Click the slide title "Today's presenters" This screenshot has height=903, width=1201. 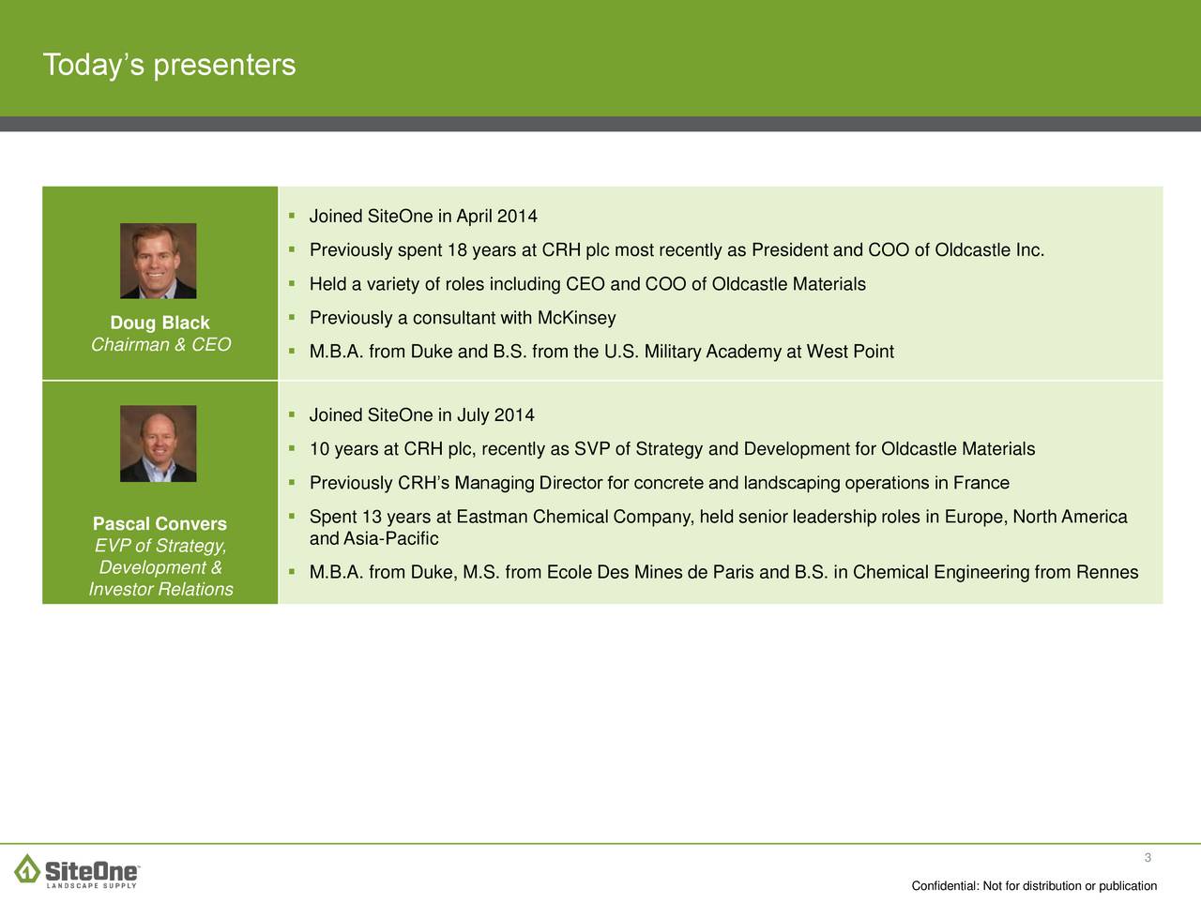tap(169, 65)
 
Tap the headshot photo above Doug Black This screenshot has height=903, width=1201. tap(159, 261)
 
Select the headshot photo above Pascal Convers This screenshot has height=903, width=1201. tap(159, 444)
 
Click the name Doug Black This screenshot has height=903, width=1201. tap(160, 323)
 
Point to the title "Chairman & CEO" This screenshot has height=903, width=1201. tap(160, 344)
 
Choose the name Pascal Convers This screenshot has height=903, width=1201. tap(160, 523)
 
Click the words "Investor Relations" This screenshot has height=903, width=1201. tap(160, 589)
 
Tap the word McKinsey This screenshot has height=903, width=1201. tap(577, 318)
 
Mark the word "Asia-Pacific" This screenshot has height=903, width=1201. tap(391, 539)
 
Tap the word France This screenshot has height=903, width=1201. tap(981, 483)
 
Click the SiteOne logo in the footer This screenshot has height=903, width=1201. tap(77, 871)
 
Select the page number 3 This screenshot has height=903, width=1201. tap(1148, 858)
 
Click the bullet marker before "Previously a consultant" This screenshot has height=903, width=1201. tap(292, 317)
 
